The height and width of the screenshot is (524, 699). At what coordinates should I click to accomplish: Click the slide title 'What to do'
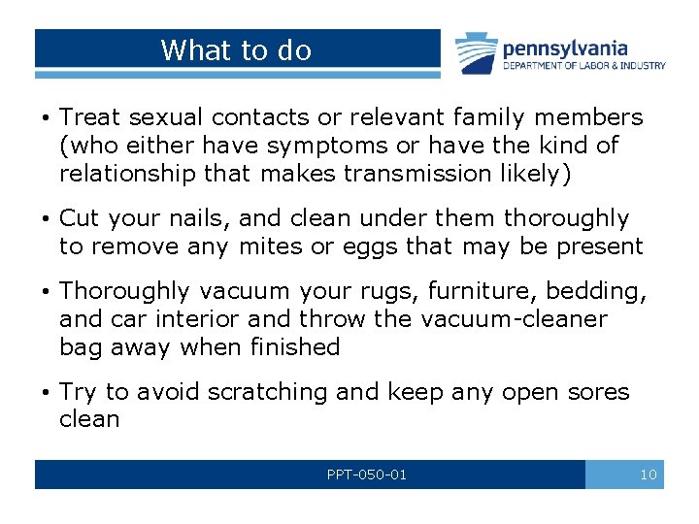coord(236,50)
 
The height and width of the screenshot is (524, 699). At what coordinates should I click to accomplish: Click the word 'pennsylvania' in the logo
coord(564,48)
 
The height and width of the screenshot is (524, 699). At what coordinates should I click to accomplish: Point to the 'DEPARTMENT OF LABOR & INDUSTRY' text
coord(583,66)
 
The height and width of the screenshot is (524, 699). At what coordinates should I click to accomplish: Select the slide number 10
coord(649,475)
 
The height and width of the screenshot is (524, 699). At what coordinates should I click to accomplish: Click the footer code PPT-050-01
coord(367,475)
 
